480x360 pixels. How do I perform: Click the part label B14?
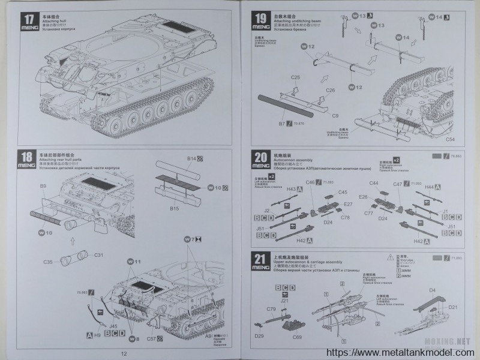coord(190,158)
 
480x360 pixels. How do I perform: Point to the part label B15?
coord(175,208)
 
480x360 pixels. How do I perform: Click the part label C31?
coord(99,255)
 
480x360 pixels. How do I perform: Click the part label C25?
coord(295,77)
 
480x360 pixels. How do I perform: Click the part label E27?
coord(347,204)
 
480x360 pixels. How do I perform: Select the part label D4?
coord(432,290)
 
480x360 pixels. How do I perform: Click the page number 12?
coord(124,353)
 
